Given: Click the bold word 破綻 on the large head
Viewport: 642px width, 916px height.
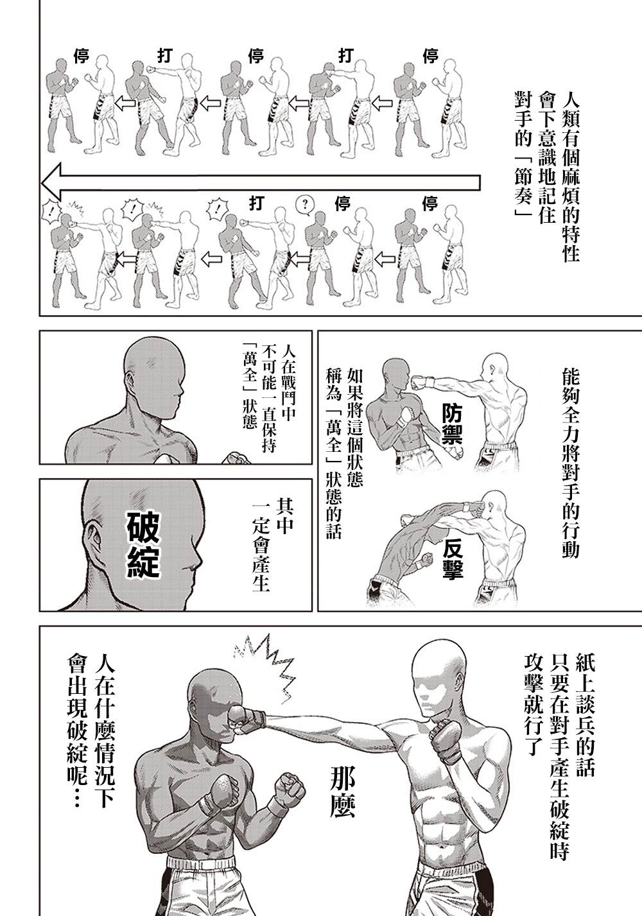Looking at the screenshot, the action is pos(143,544).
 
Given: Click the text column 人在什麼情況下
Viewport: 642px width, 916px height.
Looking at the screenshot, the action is pos(104,730).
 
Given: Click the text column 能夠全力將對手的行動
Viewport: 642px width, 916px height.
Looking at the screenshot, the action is pos(571,462).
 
